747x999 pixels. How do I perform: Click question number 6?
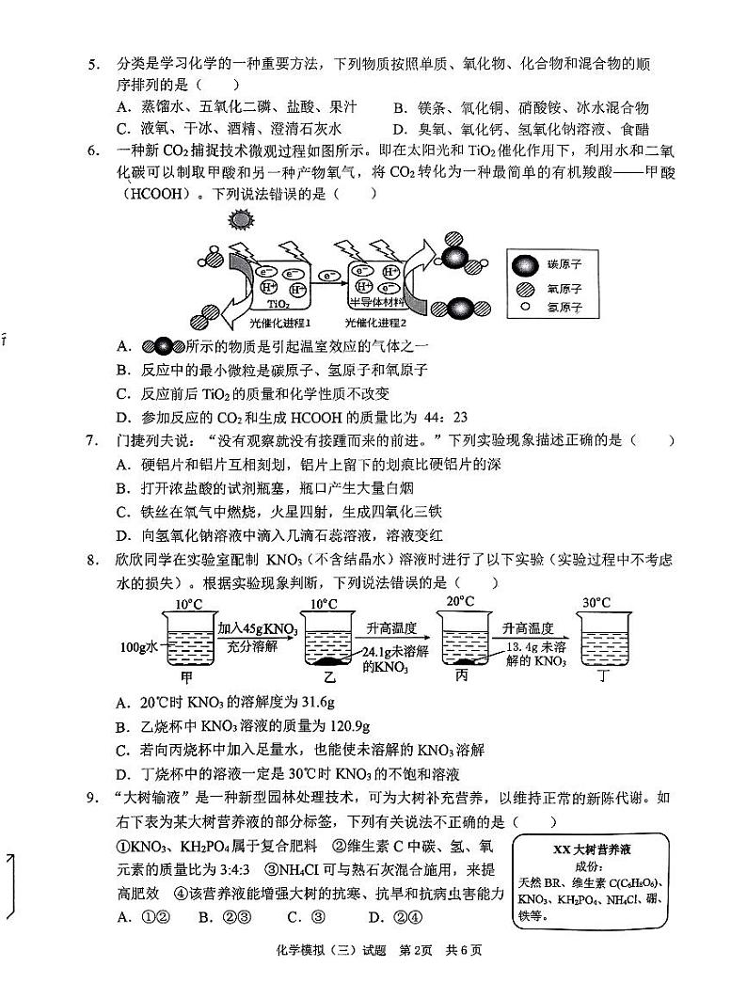(93, 151)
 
